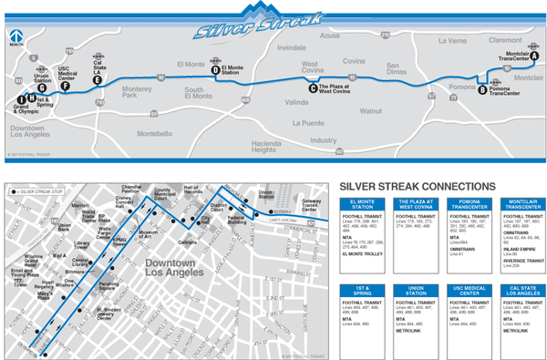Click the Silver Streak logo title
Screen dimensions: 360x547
tap(258, 21)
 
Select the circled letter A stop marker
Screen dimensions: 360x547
tap(535, 56)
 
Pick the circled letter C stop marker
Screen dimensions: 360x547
tap(313, 88)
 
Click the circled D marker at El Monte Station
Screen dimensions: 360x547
tap(215, 69)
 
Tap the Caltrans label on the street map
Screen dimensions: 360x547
tap(188, 244)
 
